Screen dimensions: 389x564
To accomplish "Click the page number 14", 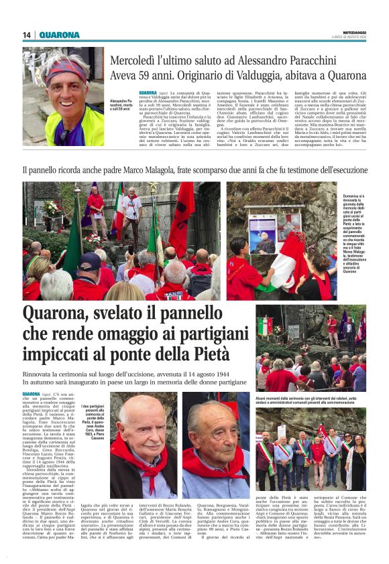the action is [27, 35].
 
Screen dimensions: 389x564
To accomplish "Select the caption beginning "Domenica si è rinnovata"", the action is [349, 234].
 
